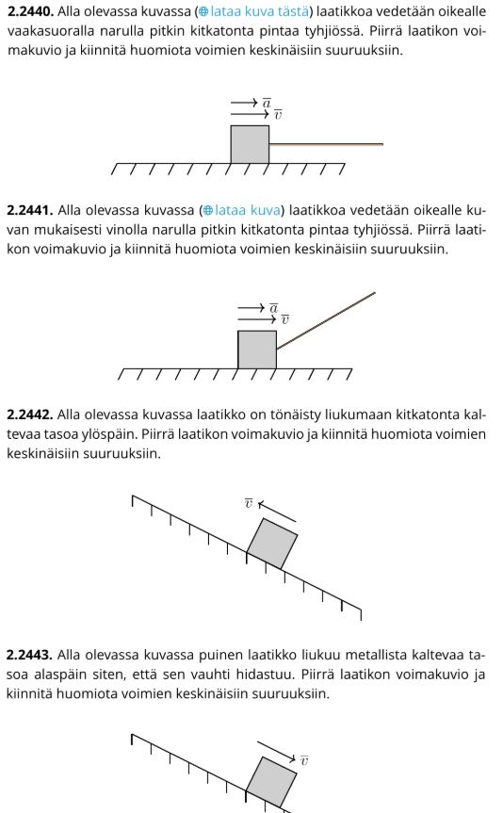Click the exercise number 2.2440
tap(30, 11)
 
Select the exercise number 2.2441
tap(30, 210)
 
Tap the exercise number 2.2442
tap(30, 415)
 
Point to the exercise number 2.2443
tap(30, 655)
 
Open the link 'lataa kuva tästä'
tap(254, 11)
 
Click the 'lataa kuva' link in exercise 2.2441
tap(242, 210)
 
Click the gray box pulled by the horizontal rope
tap(250, 145)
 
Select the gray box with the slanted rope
tap(257, 350)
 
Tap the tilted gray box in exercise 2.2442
tap(272, 544)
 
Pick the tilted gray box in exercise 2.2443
tap(271, 783)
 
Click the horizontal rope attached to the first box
tap(326, 144)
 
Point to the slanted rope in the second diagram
tap(326, 321)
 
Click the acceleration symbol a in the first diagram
tap(267, 104)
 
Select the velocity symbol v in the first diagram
tap(278, 115)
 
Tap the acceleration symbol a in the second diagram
tap(274, 308)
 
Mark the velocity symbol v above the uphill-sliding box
tap(249, 503)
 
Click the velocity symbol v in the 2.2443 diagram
tap(304, 760)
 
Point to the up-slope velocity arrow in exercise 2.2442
tap(277, 512)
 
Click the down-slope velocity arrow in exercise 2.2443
tap(276, 752)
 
